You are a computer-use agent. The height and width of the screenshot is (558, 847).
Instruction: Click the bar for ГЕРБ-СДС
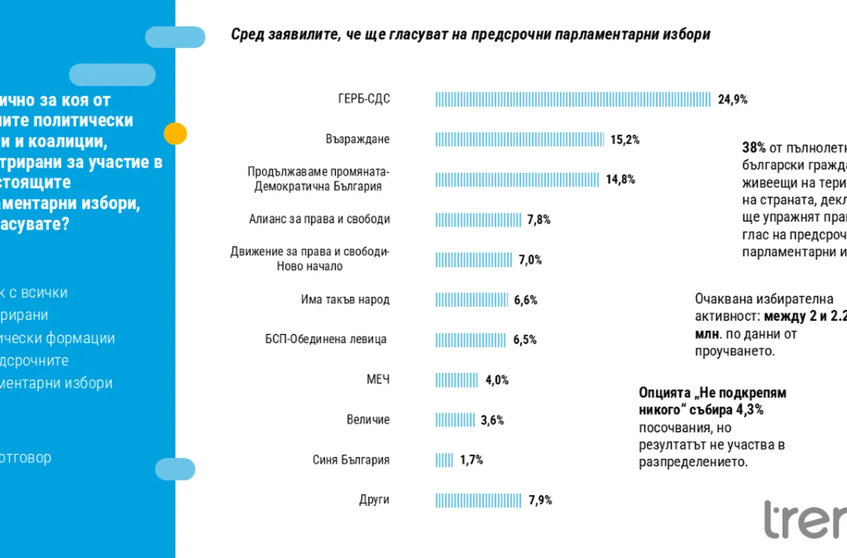tap(572, 100)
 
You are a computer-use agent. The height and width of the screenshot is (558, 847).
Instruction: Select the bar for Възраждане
tap(519, 139)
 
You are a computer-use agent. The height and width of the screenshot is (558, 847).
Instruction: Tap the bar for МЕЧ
tap(457, 380)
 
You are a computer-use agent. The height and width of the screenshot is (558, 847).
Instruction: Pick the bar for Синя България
tap(444, 460)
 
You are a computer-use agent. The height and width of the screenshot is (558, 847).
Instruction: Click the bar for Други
tap(478, 500)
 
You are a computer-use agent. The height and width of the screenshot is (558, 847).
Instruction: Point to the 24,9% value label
tap(733, 100)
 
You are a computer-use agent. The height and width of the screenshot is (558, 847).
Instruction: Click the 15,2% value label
tap(625, 139)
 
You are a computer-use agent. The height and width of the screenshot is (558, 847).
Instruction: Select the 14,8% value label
tap(620, 179)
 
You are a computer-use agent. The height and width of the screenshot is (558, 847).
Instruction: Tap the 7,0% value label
tap(530, 260)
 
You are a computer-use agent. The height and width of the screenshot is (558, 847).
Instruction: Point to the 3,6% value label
tap(492, 420)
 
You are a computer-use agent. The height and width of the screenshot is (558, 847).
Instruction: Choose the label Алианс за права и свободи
tap(319, 219)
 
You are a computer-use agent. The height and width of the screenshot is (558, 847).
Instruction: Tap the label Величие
tap(368, 420)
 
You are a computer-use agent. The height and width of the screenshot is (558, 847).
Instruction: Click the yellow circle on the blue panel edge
tap(175, 134)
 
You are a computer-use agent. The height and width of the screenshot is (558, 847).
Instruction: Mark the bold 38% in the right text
tap(754, 147)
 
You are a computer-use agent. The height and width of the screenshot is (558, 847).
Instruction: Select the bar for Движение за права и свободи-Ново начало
tap(474, 260)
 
